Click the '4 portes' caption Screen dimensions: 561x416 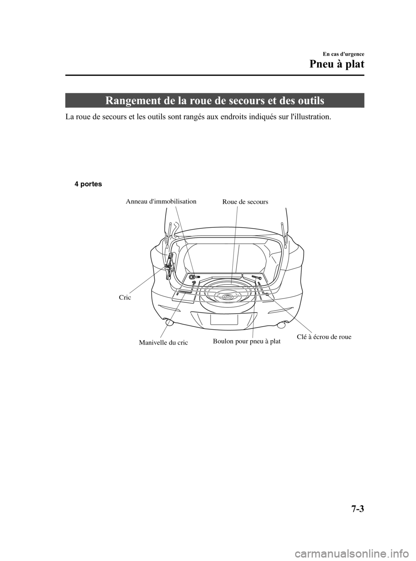pos(88,184)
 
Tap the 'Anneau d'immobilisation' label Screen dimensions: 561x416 pos(161,201)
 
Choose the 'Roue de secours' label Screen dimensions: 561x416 pos(245,202)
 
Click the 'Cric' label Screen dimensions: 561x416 pos(124,298)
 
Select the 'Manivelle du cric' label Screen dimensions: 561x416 pos(163,342)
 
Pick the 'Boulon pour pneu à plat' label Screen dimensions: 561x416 pos(247,341)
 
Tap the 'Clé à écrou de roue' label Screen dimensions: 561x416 pos(324,337)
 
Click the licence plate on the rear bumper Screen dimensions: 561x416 pos(224,319)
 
